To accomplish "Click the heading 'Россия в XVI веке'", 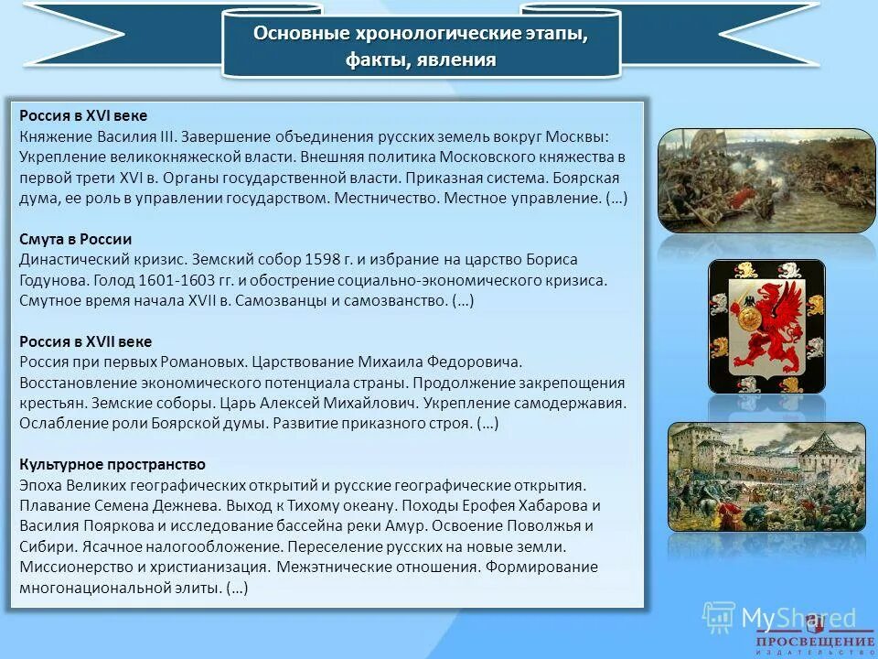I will pyautogui.click(x=83, y=115).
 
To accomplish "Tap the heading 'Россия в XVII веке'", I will pyautogui.click(x=86, y=340).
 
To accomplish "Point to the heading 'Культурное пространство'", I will pyautogui.click(x=112, y=464).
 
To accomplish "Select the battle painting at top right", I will pyautogui.click(x=766, y=179).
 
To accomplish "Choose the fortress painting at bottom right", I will pyautogui.click(x=766, y=476).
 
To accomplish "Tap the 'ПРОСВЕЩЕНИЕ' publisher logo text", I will pyautogui.click(x=815, y=642).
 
